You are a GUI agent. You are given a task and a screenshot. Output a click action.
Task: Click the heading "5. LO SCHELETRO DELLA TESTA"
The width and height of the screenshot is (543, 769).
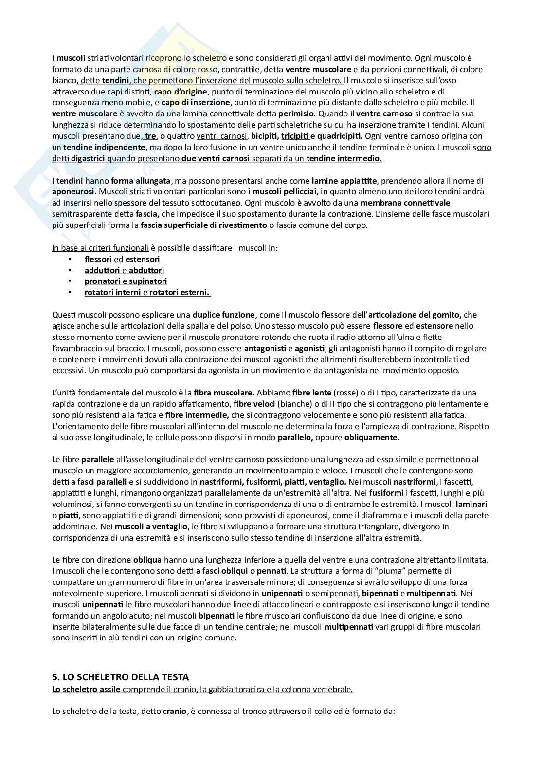tap(120, 677)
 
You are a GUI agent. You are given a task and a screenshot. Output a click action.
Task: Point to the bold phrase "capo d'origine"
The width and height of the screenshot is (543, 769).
tap(181, 91)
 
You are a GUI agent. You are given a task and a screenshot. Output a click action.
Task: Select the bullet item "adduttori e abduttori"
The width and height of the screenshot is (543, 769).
tap(124, 270)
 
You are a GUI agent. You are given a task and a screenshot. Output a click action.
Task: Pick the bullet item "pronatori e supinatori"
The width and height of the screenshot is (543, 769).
tap(126, 281)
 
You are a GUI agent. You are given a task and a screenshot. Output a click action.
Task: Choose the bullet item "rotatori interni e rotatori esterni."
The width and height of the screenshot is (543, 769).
tap(146, 292)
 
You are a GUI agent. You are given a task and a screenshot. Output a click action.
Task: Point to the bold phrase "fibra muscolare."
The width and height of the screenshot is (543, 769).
tap(224, 393)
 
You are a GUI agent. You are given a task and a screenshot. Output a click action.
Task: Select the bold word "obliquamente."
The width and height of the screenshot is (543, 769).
tap(372, 437)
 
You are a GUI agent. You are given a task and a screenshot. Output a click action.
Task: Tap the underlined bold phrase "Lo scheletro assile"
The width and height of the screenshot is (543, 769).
tap(87, 689)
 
